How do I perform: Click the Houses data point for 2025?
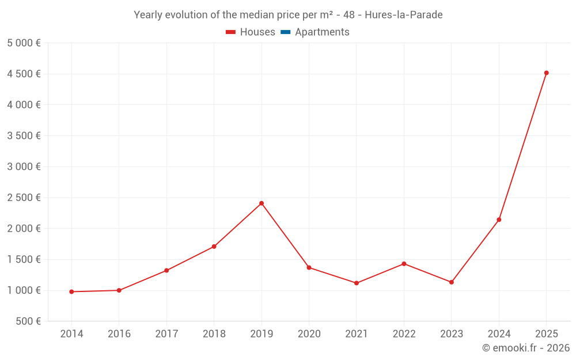click(x=546, y=73)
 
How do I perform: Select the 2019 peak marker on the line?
click(x=262, y=203)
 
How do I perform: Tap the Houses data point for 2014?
click(x=71, y=292)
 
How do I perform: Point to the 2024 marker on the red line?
click(x=499, y=219)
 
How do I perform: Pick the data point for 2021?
click(x=357, y=283)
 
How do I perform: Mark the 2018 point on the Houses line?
click(x=214, y=247)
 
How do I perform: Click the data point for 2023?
click(x=452, y=282)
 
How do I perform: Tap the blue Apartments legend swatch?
click(x=285, y=32)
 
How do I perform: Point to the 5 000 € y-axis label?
click(x=24, y=43)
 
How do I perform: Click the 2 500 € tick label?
click(x=24, y=198)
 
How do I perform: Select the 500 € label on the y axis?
click(x=27, y=321)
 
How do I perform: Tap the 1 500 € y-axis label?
click(x=24, y=259)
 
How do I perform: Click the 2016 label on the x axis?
click(x=119, y=334)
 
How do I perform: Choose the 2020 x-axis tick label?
click(x=309, y=334)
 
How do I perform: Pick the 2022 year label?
click(x=404, y=334)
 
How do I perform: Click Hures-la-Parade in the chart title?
click(x=404, y=15)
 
